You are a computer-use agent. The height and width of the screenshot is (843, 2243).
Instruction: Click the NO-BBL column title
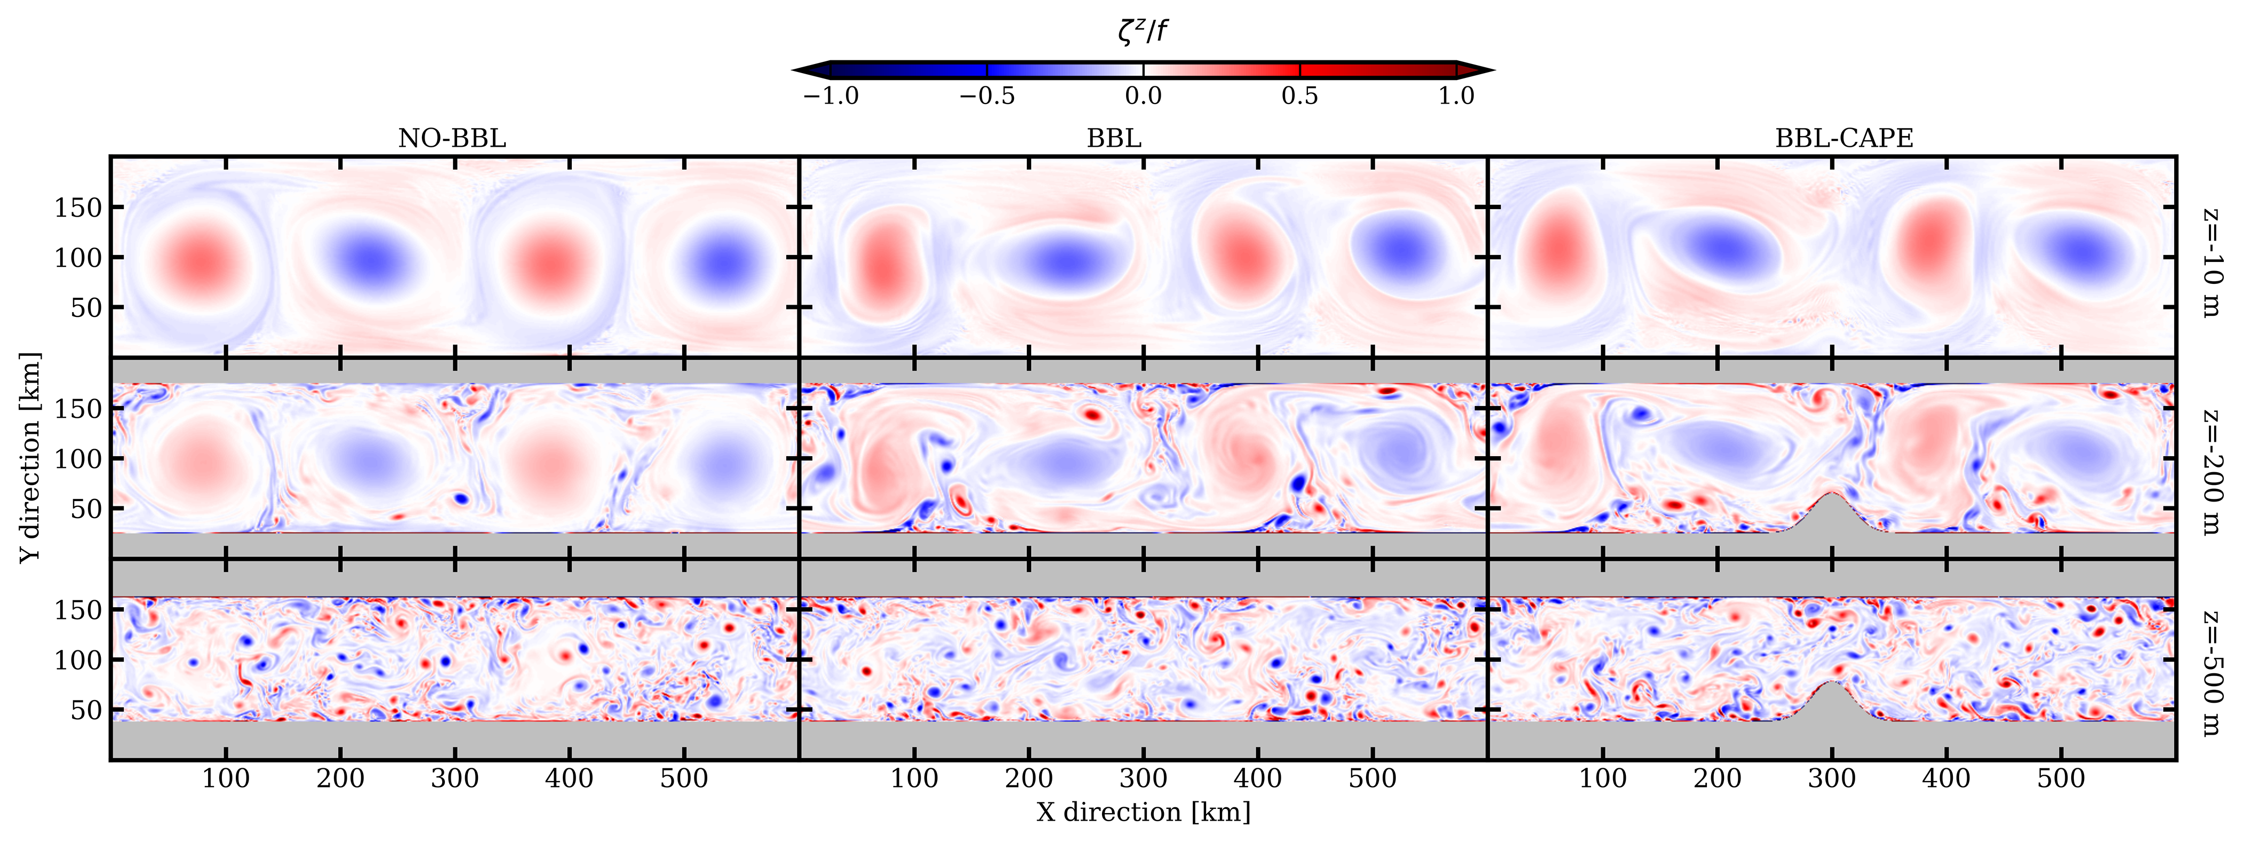point(451,139)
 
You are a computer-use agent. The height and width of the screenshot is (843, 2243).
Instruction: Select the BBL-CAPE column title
point(1843,139)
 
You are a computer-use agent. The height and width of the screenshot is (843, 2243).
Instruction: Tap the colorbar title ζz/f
point(1143,32)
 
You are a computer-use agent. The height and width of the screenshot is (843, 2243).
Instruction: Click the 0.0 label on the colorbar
point(1143,96)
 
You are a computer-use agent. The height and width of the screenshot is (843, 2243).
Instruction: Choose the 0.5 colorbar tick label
point(1299,96)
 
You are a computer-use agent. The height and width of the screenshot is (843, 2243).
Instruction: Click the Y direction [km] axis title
point(30,457)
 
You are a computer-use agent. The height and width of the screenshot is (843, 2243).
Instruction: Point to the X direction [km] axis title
point(1143,812)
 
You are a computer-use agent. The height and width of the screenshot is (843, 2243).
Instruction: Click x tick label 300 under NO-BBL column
point(454,778)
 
